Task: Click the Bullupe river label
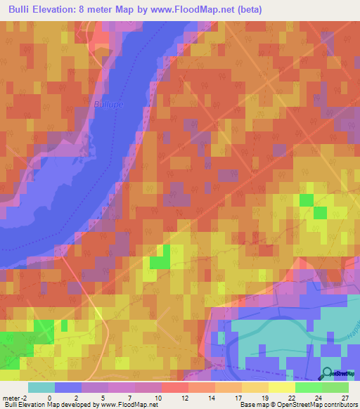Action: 107,105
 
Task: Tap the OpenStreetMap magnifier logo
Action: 328,374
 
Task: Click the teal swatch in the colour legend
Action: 41,387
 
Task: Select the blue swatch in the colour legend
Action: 68,387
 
